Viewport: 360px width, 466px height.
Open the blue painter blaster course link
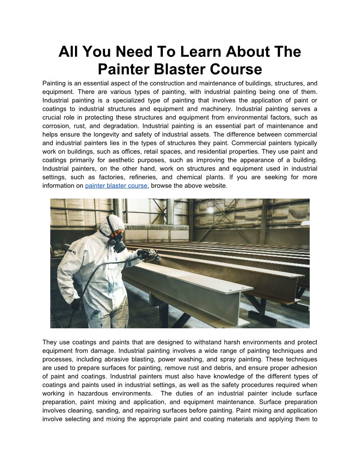click(x=116, y=186)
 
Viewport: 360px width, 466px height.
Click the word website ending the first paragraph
click(x=214, y=186)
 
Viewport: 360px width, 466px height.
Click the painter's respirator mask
click(x=116, y=243)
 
